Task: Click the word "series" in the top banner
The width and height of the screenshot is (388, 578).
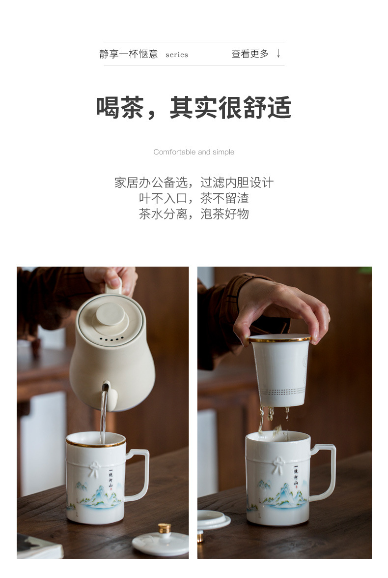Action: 177,55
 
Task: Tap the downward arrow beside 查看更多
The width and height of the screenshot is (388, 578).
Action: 278,54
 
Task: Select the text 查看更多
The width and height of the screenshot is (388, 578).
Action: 250,54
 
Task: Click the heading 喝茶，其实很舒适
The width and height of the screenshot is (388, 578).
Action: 194,108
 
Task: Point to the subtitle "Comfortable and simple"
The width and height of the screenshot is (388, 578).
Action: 194,152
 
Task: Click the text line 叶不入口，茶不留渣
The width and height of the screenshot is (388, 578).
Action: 194,198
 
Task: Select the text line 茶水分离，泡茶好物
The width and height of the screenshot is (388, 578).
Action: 194,214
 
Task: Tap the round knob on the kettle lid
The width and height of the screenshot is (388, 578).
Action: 111,314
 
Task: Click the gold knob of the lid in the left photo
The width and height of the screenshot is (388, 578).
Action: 164,528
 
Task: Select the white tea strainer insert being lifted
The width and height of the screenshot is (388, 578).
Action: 280,370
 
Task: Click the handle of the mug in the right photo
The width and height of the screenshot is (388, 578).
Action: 325,472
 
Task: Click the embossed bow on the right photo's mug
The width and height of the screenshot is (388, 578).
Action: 278,465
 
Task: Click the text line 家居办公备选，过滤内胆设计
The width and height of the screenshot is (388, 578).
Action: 194,183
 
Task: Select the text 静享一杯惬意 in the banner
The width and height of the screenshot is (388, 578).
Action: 129,54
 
